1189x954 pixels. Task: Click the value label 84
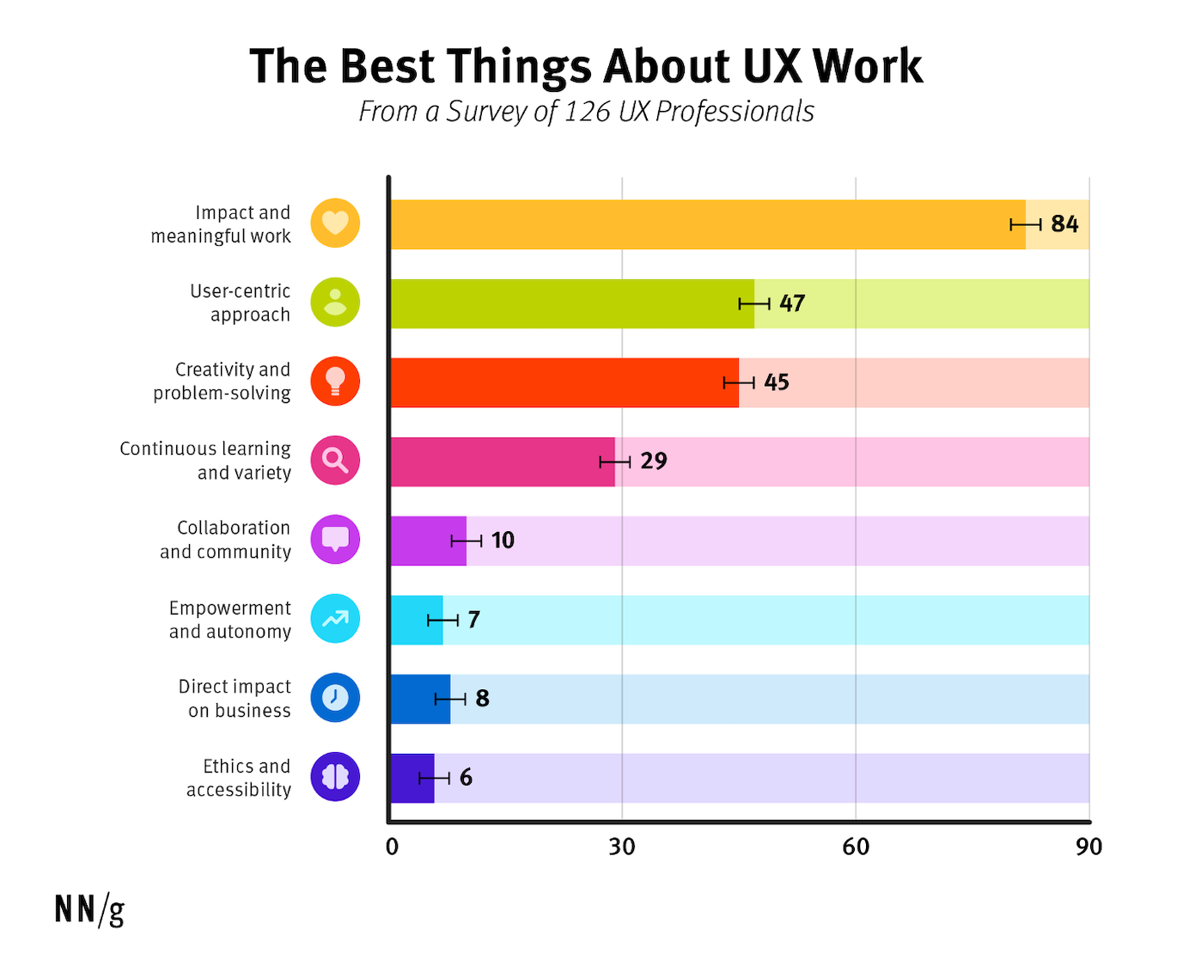tap(1064, 224)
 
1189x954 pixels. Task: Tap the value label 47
tap(792, 303)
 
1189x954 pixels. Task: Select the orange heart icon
tap(335, 223)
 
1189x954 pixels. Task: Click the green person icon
tap(335, 303)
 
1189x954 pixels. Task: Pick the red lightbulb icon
tap(335, 382)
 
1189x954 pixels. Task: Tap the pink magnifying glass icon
tap(335, 461)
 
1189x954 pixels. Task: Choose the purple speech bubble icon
tap(335, 540)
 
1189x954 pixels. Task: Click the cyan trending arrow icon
tap(335, 619)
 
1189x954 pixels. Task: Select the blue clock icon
tap(335, 698)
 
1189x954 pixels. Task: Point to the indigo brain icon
tap(335, 777)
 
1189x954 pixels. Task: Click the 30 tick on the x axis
tap(622, 847)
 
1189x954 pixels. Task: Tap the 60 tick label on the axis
tap(856, 847)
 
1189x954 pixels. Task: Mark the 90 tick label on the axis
tap(1088, 847)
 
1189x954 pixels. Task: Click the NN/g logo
tap(89, 909)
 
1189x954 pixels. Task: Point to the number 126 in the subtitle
tap(588, 112)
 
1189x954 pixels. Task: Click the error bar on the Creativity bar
tap(739, 382)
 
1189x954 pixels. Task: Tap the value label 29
tap(654, 462)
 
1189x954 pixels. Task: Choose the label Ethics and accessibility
tap(239, 778)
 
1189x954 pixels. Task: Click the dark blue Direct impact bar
tap(420, 699)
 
